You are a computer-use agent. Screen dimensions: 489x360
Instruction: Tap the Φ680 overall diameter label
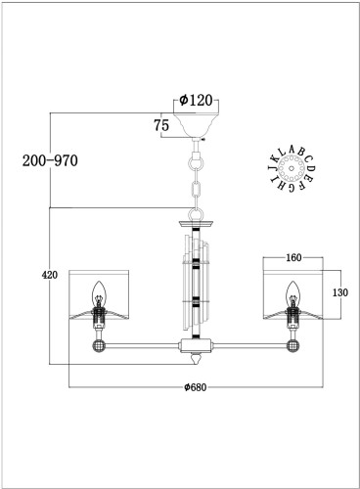(x=197, y=387)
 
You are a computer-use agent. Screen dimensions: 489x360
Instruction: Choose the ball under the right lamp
(x=291, y=345)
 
